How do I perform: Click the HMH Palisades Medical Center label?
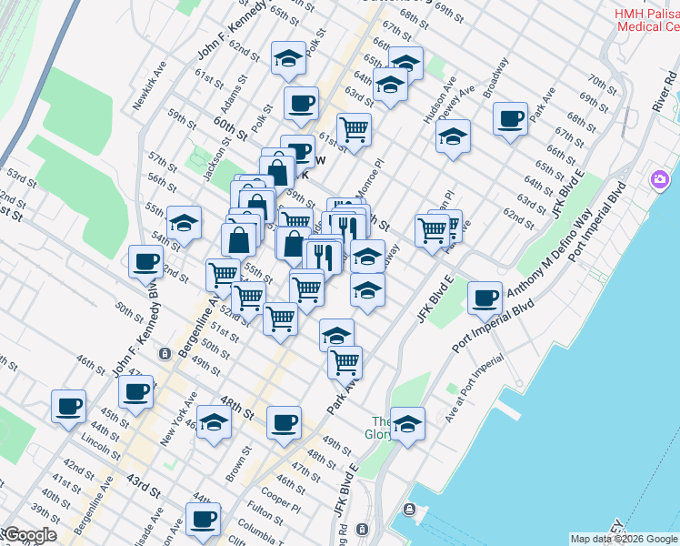(x=647, y=20)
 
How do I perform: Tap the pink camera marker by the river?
(x=658, y=179)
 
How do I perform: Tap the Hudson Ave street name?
(x=448, y=96)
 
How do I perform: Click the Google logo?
(x=29, y=535)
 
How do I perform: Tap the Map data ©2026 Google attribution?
(x=625, y=539)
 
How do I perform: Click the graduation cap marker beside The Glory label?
(x=408, y=424)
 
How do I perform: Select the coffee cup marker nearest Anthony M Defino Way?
(x=485, y=298)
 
